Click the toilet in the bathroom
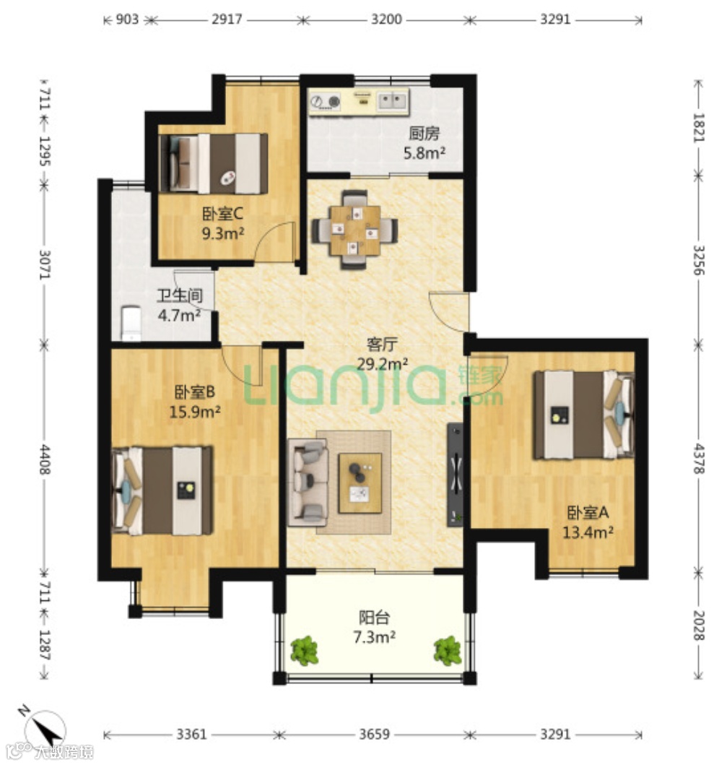[131, 323]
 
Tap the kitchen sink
[393, 101]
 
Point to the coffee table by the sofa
[360, 483]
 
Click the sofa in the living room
[308, 482]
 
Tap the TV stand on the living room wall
[455, 474]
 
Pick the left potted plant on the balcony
[305, 650]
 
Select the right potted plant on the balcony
[447, 650]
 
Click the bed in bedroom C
[214, 163]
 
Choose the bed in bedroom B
[162, 490]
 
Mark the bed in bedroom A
[584, 415]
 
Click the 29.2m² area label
[383, 363]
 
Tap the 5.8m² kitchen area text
[424, 152]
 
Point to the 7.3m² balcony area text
[374, 636]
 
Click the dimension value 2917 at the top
[227, 20]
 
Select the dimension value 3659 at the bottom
[374, 734]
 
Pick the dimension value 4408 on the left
[44, 459]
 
